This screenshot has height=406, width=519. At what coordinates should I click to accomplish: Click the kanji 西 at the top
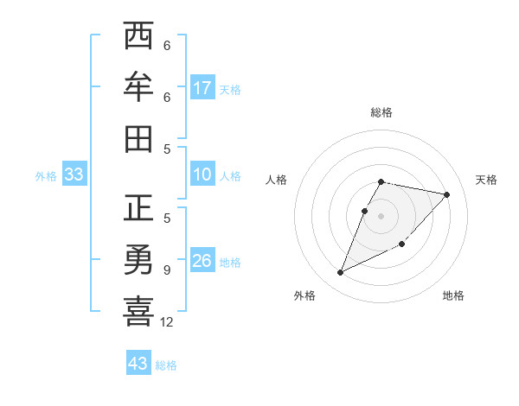[x=138, y=37]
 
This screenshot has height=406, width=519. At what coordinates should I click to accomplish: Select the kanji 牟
[x=138, y=87]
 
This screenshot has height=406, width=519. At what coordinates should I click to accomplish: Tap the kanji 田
[x=138, y=138]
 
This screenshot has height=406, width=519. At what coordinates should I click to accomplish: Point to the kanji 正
[x=138, y=209]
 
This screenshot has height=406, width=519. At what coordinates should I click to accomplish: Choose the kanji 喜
[x=138, y=311]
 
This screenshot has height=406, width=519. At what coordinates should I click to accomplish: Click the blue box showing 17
[x=202, y=87]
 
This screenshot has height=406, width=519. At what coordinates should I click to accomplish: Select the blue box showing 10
[x=202, y=174]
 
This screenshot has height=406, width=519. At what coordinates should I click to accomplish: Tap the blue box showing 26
[x=202, y=261]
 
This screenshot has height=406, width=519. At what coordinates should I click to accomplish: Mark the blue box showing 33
[x=74, y=174]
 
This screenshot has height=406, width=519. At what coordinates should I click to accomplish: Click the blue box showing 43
[x=138, y=364]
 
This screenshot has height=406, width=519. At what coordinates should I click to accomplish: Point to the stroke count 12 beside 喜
[x=167, y=322]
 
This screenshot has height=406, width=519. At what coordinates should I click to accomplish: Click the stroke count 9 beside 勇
[x=167, y=270]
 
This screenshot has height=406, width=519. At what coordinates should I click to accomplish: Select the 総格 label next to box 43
[x=166, y=365]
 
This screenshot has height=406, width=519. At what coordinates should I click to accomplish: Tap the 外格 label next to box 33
[x=46, y=176]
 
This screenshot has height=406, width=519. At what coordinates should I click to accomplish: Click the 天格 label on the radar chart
[x=486, y=180]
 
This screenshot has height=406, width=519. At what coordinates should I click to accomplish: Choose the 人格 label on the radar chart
[x=277, y=180]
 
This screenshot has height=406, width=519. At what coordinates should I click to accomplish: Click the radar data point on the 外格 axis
[x=341, y=273]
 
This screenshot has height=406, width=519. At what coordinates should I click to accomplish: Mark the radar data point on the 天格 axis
[x=446, y=195]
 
